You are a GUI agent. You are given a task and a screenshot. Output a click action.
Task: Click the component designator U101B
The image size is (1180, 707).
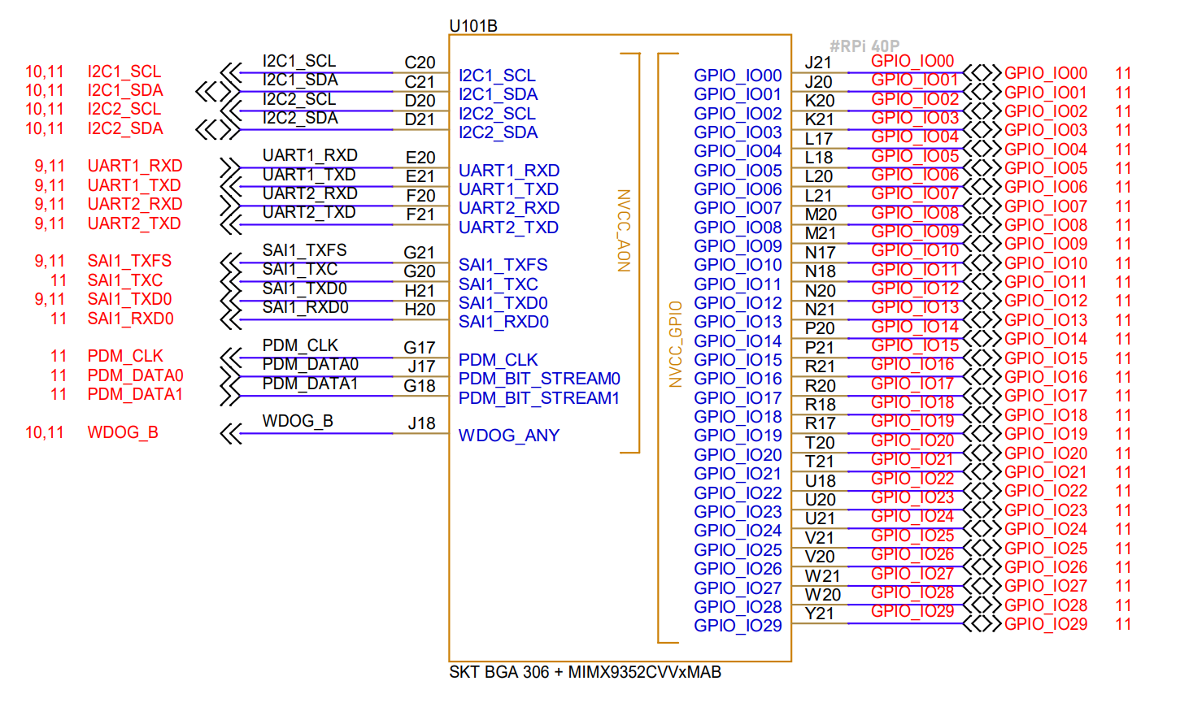473,26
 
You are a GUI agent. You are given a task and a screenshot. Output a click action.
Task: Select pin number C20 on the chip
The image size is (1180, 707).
420,63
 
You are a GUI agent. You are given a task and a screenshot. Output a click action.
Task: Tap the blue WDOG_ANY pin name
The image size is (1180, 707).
509,436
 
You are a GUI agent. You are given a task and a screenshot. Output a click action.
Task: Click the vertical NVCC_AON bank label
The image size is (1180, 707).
624,230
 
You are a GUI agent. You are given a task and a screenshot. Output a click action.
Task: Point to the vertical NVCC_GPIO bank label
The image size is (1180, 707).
675,344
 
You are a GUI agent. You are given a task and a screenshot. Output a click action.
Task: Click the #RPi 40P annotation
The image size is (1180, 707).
864,46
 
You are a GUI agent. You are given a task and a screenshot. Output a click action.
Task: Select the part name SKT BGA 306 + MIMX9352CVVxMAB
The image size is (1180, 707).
585,672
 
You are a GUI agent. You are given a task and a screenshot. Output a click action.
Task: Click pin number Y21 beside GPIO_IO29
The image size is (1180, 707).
820,614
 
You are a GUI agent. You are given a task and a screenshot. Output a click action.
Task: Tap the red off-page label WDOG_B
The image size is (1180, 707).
123,432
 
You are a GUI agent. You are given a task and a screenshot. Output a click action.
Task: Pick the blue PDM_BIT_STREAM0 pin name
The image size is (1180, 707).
539,379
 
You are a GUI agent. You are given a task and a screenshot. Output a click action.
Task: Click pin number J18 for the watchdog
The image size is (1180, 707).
421,423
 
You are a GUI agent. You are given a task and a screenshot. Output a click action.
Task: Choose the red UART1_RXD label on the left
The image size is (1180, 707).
135,166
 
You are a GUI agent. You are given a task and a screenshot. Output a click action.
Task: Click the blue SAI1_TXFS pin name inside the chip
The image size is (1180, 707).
503,265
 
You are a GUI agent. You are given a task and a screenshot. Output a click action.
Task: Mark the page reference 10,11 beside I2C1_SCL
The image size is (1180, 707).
44,72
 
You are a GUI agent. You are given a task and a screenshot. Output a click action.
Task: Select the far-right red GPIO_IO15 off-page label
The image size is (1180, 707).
1045,358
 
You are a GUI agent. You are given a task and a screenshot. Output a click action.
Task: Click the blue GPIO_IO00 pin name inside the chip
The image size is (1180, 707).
738,76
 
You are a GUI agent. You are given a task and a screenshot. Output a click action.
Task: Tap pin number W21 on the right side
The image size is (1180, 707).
822,576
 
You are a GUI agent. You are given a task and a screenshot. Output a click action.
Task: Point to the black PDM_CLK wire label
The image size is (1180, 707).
300,345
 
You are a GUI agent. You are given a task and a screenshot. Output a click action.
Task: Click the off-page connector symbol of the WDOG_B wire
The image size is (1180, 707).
231,434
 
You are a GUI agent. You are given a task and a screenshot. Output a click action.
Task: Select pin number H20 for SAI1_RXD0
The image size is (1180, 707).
420,310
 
